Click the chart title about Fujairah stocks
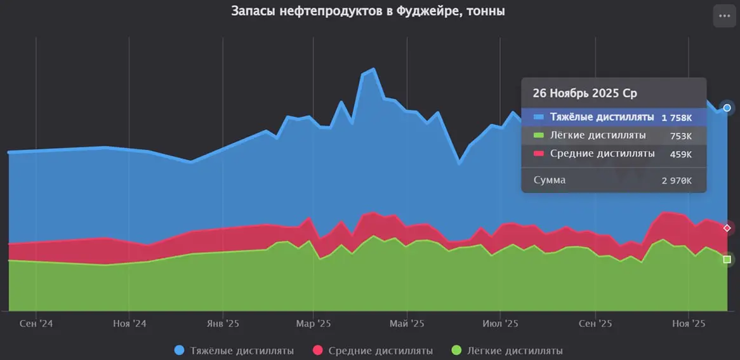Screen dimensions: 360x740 (x=368, y=11)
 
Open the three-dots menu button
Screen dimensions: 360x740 (x=725, y=16)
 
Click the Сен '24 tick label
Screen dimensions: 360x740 (x=36, y=323)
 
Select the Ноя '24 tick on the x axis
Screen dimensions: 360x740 (x=129, y=323)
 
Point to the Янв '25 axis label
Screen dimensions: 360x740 (x=223, y=323)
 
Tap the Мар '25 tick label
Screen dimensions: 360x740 (x=314, y=323)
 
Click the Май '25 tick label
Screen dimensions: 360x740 (x=407, y=323)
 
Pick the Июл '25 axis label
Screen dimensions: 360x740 (x=500, y=323)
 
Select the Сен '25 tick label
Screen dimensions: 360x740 (x=595, y=323)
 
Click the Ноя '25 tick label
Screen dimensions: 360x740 (x=689, y=323)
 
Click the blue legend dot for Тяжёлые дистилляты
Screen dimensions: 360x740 (x=179, y=350)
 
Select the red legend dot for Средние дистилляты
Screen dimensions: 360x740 (x=318, y=350)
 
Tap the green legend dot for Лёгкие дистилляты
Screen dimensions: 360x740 (x=456, y=350)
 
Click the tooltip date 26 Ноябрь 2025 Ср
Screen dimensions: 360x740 (x=585, y=93)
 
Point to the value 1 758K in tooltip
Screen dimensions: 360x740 (x=677, y=117)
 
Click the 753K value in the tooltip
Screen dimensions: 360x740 (x=681, y=136)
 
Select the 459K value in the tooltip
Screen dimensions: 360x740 (x=681, y=154)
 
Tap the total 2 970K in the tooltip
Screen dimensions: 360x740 (x=677, y=180)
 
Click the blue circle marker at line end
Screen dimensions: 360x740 (x=727, y=108)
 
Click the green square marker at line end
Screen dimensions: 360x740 (x=727, y=259)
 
